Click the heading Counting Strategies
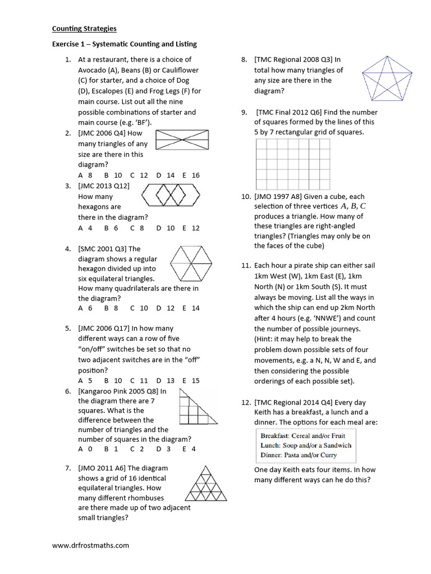[x=84, y=28]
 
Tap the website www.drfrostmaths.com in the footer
[x=90, y=545]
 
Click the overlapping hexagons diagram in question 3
[x=174, y=196]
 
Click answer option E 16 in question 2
[x=191, y=175]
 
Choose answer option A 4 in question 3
[x=85, y=228]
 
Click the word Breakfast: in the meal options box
[x=275, y=436]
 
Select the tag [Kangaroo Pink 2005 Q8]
[x=119, y=391]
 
